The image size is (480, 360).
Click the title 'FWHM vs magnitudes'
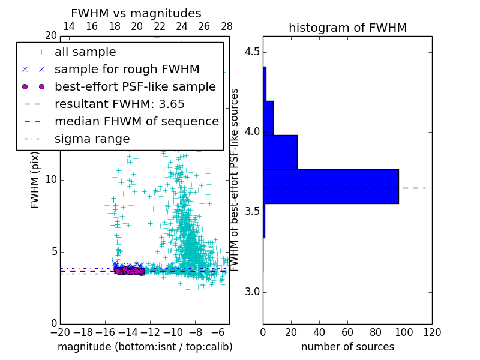coord(136,13)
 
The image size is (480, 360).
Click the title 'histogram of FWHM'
coord(347,28)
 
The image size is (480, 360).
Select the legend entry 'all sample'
coord(85,52)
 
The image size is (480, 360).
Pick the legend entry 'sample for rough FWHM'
coord(127,70)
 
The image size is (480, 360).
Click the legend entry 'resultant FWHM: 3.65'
coord(119,104)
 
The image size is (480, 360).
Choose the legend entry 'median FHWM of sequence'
coord(136,122)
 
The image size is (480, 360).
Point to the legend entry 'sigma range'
coord(92,139)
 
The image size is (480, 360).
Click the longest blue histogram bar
coord(331,187)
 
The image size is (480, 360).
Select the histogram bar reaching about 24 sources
coord(280,152)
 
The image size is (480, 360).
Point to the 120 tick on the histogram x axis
coord(432,332)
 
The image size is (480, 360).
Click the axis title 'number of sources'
coord(347,347)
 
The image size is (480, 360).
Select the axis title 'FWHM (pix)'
coord(35,180)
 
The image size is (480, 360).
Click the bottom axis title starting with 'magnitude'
coord(145,347)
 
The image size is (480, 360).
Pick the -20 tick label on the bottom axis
coord(60,332)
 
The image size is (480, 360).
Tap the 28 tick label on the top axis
coord(227,26)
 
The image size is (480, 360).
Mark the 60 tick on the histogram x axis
coord(347,332)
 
